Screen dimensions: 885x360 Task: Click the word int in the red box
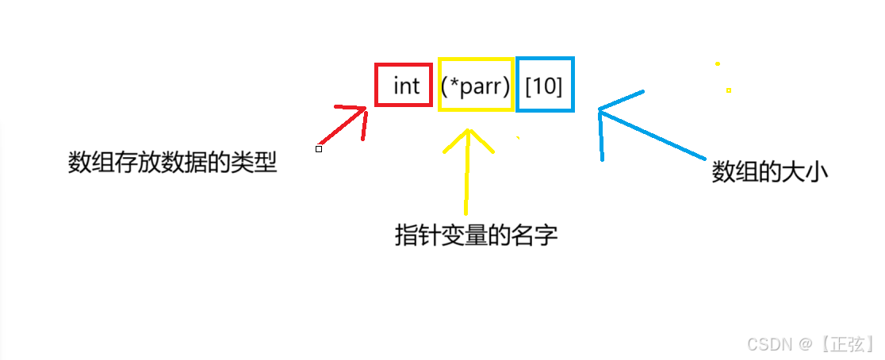pyautogui.click(x=406, y=86)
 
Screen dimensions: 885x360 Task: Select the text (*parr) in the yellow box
pyautogui.click(x=475, y=86)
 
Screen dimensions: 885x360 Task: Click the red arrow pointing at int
pyautogui.click(x=346, y=124)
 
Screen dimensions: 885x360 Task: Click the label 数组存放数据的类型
pyautogui.click(x=172, y=163)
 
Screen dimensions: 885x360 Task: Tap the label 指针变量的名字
pyautogui.click(x=476, y=235)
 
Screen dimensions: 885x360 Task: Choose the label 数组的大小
pyautogui.click(x=769, y=172)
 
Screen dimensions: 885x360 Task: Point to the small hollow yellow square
pyautogui.click(x=728, y=90)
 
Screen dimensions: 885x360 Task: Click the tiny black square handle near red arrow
pyautogui.click(x=319, y=148)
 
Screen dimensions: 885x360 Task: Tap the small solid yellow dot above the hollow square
pyautogui.click(x=718, y=63)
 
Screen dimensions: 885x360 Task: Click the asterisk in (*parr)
pyautogui.click(x=454, y=84)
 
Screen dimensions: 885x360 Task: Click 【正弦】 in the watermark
pyautogui.click(x=846, y=343)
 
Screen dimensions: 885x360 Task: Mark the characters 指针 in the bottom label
pyautogui.click(x=416, y=235)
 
